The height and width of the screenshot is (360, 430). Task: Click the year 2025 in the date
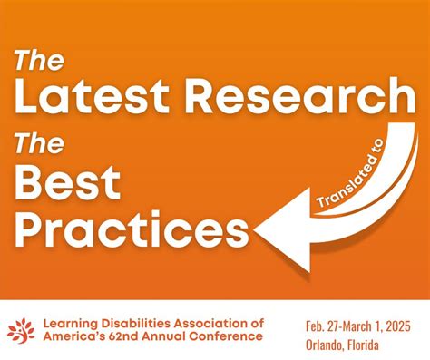(x=403, y=321)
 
